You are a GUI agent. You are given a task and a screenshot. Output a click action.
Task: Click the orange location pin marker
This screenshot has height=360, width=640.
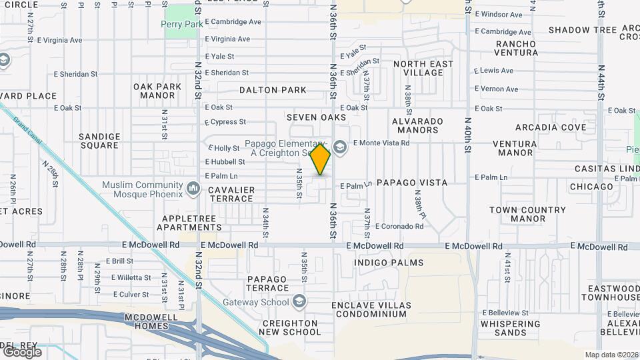pos(321,159)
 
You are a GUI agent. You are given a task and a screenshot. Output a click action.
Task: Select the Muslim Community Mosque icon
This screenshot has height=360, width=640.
pos(193,189)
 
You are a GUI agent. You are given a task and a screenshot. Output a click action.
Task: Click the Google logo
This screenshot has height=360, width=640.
pos(22,351)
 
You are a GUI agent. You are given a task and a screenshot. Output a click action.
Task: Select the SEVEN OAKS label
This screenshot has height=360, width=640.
pos(317,117)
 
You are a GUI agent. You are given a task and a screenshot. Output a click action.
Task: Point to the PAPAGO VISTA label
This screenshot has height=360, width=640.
pos(411,182)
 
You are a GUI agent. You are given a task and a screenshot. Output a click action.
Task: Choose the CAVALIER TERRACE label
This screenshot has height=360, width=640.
pos(231,194)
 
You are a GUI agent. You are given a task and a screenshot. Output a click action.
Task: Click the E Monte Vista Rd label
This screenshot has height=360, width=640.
pos(381,143)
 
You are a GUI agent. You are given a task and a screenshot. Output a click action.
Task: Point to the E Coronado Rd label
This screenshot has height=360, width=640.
pos(399,226)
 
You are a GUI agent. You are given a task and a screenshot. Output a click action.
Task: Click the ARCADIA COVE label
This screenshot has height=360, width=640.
pos(550,127)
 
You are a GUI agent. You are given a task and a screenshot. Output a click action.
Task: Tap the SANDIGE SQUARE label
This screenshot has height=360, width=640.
pos(99,141)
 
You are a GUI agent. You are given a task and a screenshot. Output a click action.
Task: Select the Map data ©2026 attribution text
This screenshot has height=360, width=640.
pos(611,355)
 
